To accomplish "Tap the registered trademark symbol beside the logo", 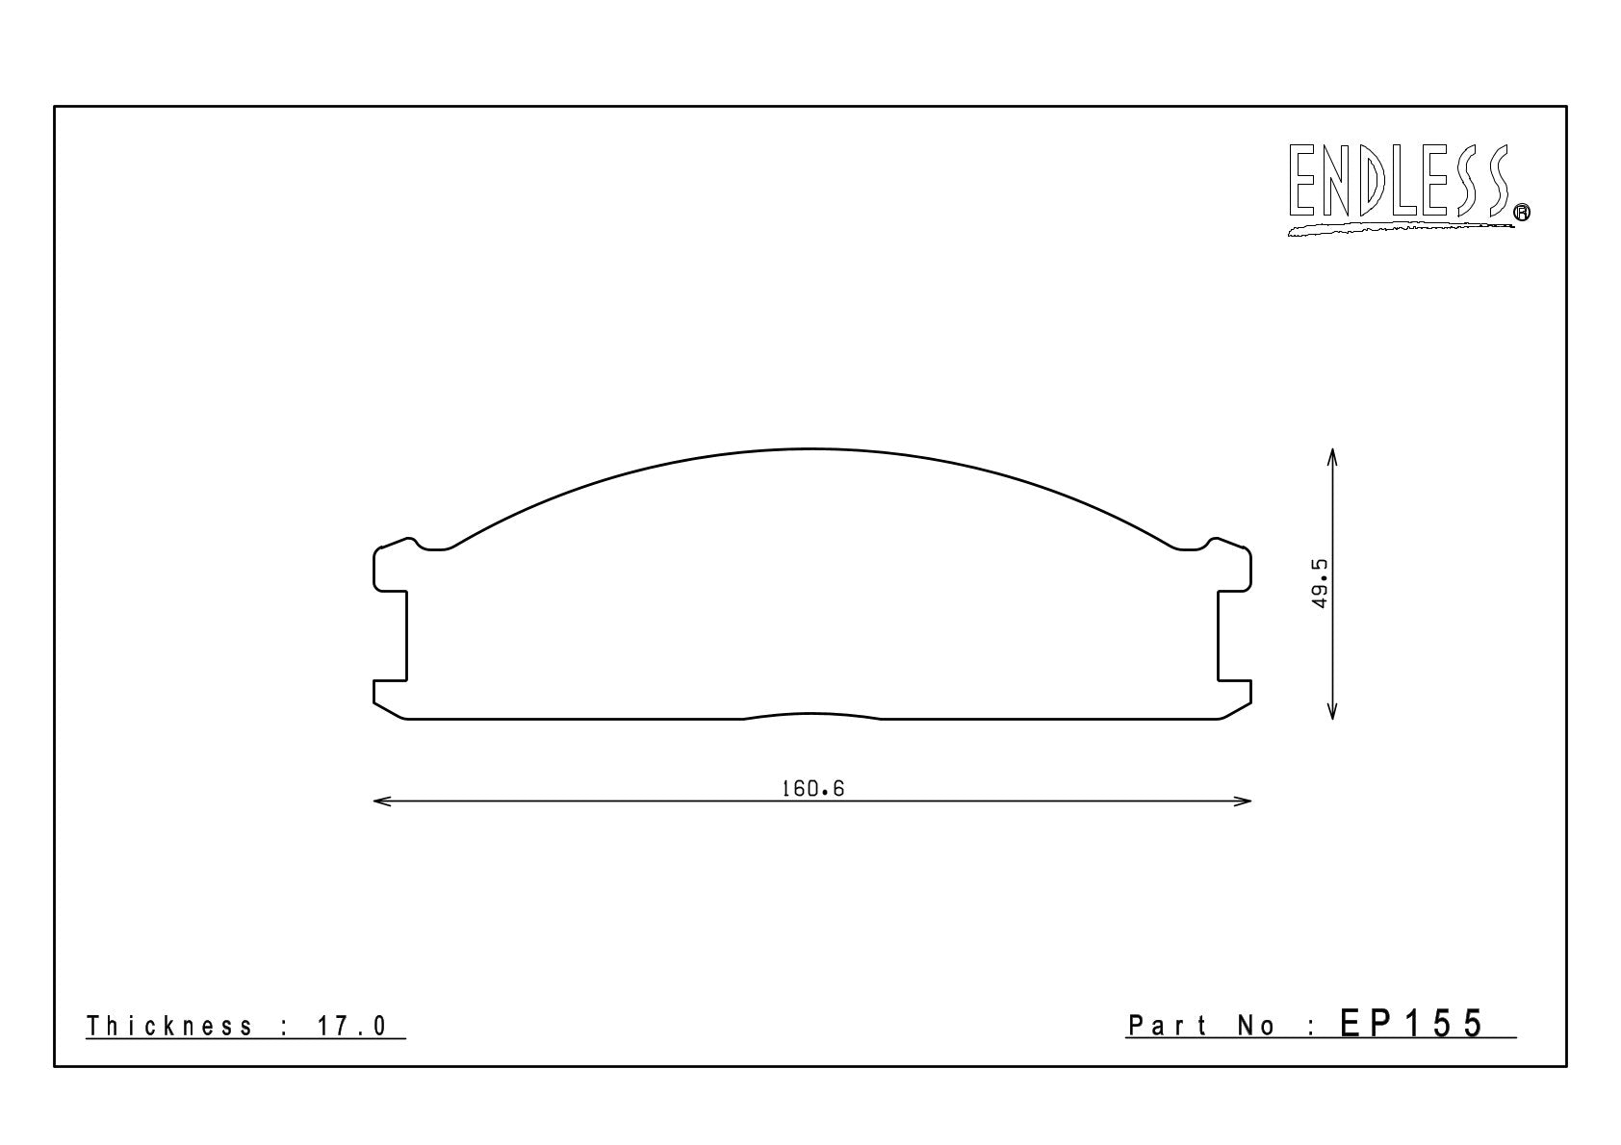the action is pyautogui.click(x=1522, y=212).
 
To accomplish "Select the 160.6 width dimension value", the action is pyautogui.click(x=812, y=788).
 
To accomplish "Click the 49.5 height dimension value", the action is pyautogui.click(x=1320, y=583).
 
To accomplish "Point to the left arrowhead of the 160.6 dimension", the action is pyautogui.click(x=382, y=801).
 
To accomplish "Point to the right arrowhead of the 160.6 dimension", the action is pyautogui.click(x=1243, y=801).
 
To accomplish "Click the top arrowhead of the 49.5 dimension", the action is pyautogui.click(x=1332, y=458).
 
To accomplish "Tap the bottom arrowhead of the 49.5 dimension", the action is pyautogui.click(x=1332, y=709).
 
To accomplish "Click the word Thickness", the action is pyautogui.click(x=169, y=1026).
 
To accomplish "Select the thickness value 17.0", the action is pyautogui.click(x=352, y=1026).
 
